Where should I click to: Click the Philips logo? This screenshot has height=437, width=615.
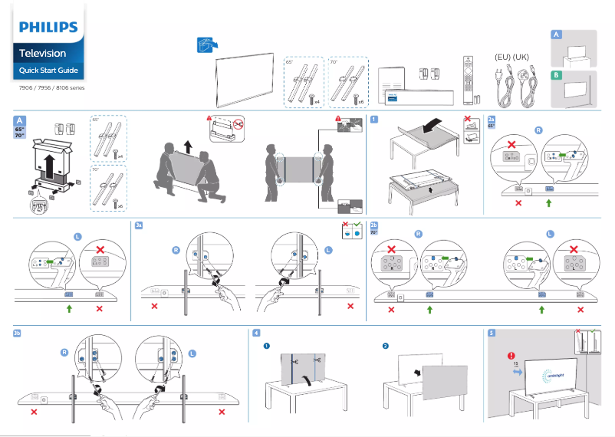tap(48, 28)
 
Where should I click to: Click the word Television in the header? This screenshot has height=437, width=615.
tap(42, 54)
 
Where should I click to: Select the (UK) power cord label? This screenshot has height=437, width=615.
tap(521, 58)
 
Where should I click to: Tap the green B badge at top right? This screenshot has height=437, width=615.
tap(556, 75)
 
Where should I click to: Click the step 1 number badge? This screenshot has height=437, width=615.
tap(373, 119)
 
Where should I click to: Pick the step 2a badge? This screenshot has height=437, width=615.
tap(492, 119)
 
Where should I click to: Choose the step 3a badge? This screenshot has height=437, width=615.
tap(139, 226)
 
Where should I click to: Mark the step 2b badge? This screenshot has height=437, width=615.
tap(374, 226)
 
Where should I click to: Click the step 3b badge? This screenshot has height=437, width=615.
tap(18, 333)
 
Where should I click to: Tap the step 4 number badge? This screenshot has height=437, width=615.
tap(256, 333)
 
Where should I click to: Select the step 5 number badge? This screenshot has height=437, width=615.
tap(492, 333)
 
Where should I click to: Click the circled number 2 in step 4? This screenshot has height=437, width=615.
tap(385, 347)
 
